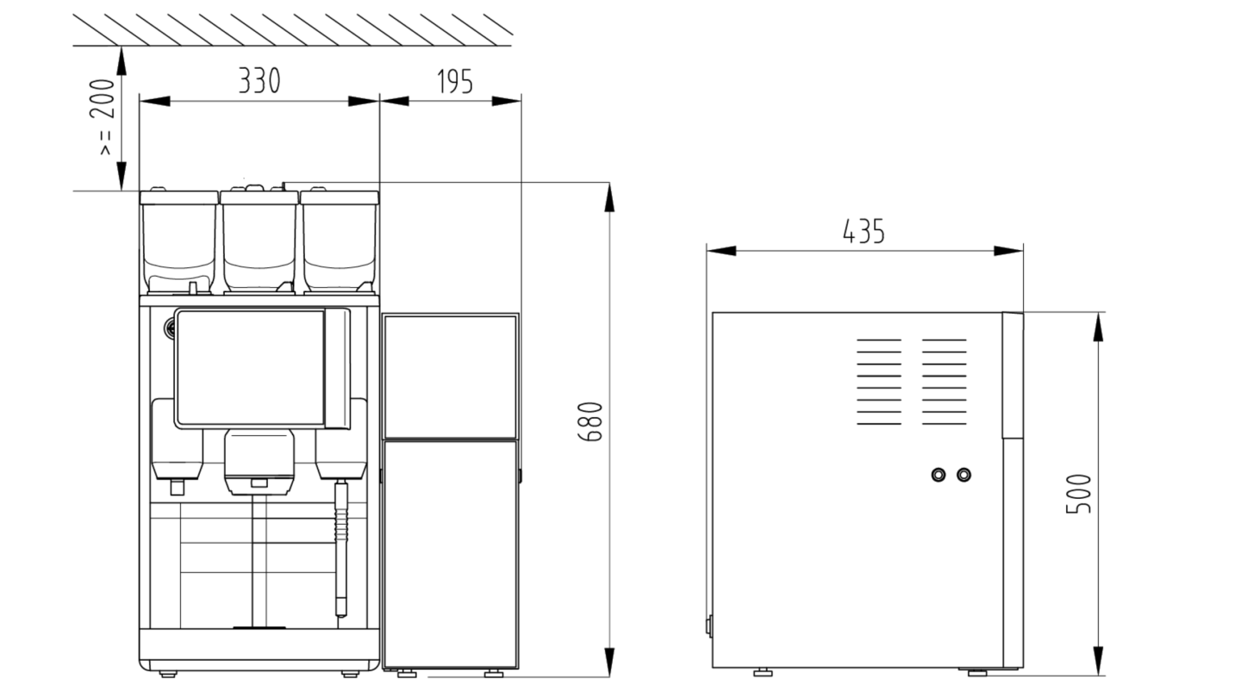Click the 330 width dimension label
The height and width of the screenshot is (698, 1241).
click(x=259, y=81)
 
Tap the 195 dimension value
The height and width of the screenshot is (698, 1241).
click(x=455, y=82)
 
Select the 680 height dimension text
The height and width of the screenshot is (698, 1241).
click(x=589, y=421)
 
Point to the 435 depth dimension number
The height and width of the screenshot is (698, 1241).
click(x=864, y=232)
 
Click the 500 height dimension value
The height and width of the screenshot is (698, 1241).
click(x=1078, y=494)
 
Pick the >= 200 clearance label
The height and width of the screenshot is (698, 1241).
click(x=104, y=117)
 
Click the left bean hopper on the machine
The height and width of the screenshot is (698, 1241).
click(x=178, y=241)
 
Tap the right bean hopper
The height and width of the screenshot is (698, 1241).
click(x=340, y=241)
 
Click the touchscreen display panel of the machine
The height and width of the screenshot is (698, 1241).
click(x=250, y=369)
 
